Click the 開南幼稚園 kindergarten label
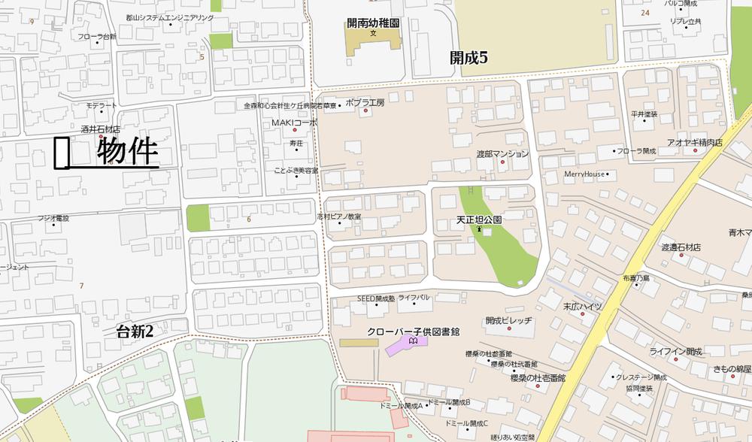373,23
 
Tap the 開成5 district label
469,56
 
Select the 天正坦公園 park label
479,219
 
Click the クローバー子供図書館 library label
413,331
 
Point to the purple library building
406,346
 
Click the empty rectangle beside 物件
62,153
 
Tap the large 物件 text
128,151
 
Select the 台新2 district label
135,331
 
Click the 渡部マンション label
502,153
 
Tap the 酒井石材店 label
101,129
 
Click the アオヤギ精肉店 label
694,142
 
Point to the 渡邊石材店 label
681,247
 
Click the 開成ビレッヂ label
508,320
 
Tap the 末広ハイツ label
583,306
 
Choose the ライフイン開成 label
675,351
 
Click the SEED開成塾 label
375,298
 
